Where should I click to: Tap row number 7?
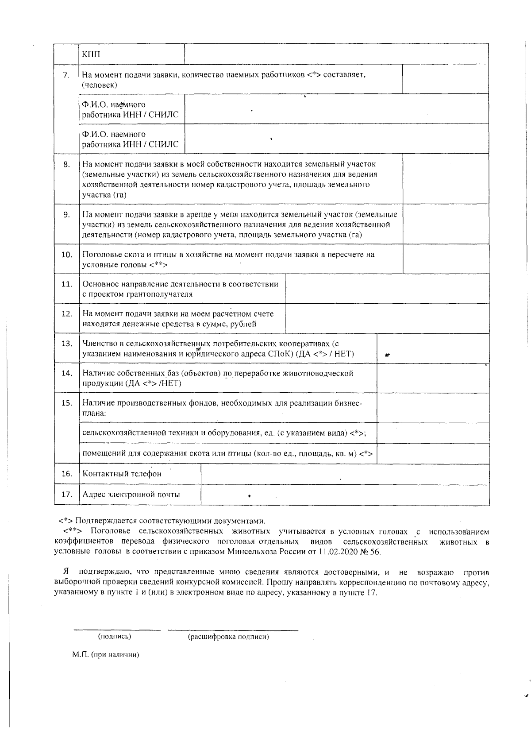[66, 75]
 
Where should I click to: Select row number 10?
[66, 255]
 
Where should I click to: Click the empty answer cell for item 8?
[446, 179]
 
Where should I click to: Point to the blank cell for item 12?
[387, 318]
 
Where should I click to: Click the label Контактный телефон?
[122, 474]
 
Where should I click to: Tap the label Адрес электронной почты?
[131, 495]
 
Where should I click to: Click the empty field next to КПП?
[336, 54]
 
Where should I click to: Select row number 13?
[66, 344]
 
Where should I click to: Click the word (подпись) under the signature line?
[114, 637]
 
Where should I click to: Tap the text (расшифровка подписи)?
[228, 637]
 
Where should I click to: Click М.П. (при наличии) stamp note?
[106, 655]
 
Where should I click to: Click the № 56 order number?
[371, 552]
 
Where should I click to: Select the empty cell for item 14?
[433, 378]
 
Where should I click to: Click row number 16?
[66, 474]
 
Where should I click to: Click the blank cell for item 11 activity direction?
[387, 289]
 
